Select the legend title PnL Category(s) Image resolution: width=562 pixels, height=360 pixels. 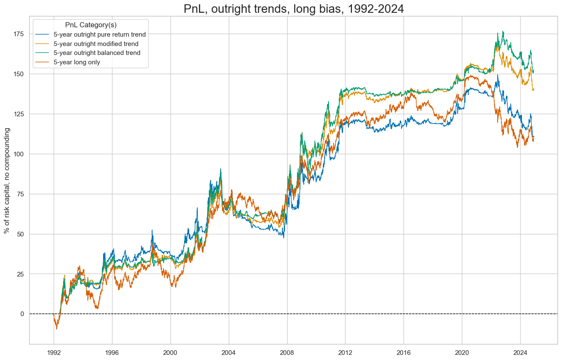[91, 25]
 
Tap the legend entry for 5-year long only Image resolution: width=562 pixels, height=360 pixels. [83, 62]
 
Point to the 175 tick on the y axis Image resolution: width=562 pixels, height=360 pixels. [19, 34]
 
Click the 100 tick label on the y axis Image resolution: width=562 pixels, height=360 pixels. [19, 154]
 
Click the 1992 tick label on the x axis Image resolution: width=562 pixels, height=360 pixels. [54, 353]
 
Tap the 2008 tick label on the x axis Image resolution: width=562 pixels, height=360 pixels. [287, 353]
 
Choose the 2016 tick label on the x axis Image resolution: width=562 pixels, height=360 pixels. [403, 353]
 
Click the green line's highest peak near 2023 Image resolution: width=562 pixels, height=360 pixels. [503, 31]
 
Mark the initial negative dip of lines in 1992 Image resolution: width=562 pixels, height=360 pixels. [57, 329]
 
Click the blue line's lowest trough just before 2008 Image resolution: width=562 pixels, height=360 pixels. [284, 237]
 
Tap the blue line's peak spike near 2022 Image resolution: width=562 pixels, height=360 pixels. [497, 75]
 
